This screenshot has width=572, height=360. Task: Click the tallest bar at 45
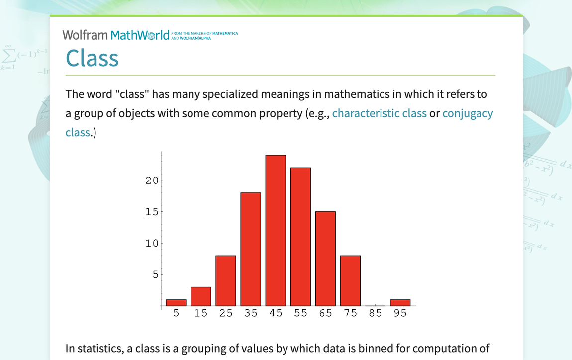click(x=276, y=231)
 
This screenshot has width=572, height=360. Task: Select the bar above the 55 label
click(x=300, y=237)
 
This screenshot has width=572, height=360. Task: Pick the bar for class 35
click(x=251, y=250)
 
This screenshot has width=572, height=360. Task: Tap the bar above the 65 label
click(x=325, y=259)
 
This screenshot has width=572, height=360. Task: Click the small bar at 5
click(x=176, y=303)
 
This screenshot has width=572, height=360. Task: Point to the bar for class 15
click(x=200, y=296)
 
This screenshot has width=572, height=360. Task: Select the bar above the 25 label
click(x=226, y=281)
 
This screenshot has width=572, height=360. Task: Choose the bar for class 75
click(x=350, y=281)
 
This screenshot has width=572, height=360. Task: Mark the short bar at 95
click(x=400, y=303)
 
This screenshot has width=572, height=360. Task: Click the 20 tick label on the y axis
click(x=152, y=180)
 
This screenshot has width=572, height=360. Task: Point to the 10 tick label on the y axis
click(x=152, y=243)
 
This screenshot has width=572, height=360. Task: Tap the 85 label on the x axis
click(x=375, y=313)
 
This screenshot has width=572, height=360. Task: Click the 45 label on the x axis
click(x=276, y=313)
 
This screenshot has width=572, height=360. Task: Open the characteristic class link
click(x=380, y=113)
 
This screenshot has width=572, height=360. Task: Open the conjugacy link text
click(x=468, y=114)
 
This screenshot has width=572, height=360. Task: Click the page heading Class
click(x=93, y=58)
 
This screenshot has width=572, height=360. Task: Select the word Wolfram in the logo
click(x=85, y=35)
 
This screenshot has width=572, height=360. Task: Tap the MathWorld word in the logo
click(x=140, y=35)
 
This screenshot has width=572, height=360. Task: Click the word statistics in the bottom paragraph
click(x=99, y=349)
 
